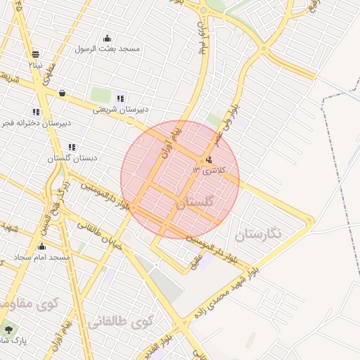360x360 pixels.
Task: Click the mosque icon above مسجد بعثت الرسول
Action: point(107,38)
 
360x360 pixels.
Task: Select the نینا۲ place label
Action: point(35,64)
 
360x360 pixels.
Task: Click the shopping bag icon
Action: point(63,93)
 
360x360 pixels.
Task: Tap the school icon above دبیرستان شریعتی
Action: point(121,98)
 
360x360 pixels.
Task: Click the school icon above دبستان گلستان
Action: point(72,147)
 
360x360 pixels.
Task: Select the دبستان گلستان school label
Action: point(71,158)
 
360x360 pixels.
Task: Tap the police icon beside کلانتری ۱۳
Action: point(209,159)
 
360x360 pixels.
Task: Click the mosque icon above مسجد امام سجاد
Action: point(41,247)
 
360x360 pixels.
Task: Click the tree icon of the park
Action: point(8,328)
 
